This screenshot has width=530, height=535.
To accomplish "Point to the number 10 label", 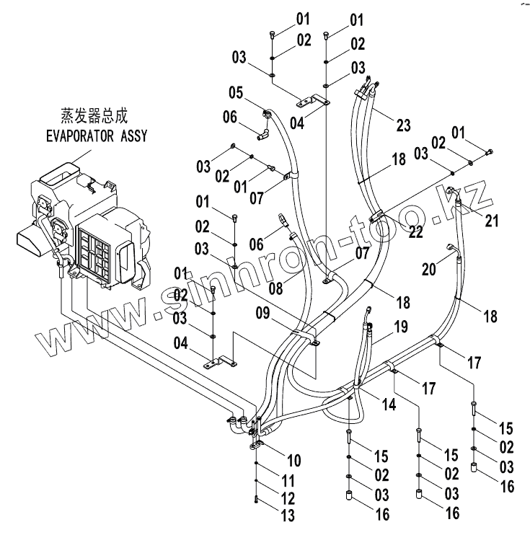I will pos(294,460).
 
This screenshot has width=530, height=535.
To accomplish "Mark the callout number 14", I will pos(389,405).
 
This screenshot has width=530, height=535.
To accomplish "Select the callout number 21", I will pos(492,221).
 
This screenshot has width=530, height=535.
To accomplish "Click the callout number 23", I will pos(403,125).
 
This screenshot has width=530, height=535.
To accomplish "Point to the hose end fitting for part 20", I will pos(452,248).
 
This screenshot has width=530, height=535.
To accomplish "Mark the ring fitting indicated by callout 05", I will pos(267,112).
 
